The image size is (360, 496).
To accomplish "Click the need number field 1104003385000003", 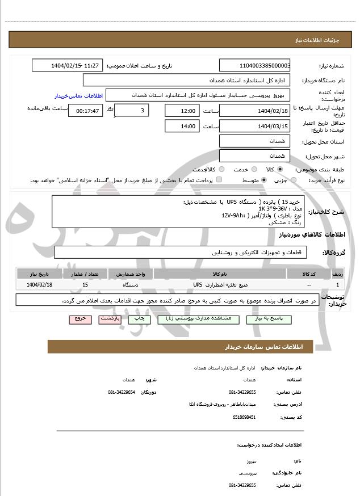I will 254,66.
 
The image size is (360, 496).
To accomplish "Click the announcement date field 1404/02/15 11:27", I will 68,66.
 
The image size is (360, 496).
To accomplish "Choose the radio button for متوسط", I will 264,180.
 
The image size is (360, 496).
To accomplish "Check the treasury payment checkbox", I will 220,180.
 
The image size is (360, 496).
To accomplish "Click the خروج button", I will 80,320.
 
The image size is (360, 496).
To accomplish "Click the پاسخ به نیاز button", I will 274,320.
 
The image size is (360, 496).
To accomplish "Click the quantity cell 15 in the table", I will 85,284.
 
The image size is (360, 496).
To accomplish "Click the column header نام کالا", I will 220,274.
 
